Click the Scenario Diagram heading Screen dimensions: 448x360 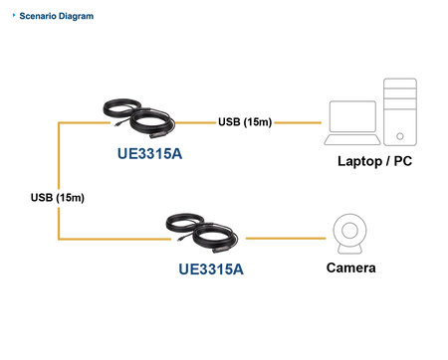57,16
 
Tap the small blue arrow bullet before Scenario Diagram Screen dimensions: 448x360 14,15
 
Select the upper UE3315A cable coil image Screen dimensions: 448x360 139,118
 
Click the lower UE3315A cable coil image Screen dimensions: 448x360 202,234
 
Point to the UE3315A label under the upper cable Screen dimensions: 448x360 150,153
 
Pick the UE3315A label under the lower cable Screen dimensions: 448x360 211,269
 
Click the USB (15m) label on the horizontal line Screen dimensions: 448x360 245,122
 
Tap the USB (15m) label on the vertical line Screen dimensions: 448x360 58,198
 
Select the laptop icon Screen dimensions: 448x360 352,123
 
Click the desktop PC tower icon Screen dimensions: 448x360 400,111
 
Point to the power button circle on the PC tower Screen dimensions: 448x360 400,136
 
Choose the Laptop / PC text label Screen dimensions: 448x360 374,161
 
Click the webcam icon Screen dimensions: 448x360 349,234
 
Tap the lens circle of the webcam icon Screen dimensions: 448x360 349,230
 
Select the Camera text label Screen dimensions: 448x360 350,268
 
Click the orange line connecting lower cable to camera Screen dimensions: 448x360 286,238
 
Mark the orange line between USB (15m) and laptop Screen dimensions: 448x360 298,122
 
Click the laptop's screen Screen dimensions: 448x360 352,116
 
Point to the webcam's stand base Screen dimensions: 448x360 349,250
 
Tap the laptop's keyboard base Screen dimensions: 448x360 352,139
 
